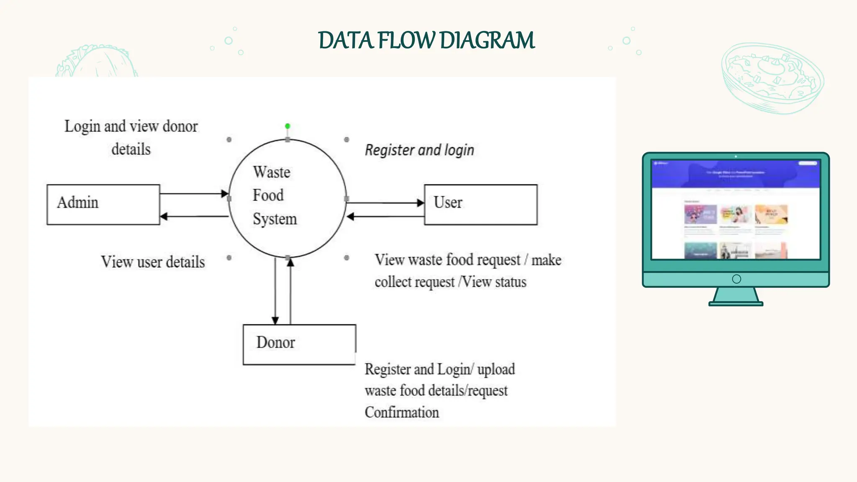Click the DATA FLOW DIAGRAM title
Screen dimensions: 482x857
click(x=426, y=41)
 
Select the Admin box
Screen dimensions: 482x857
click(x=103, y=205)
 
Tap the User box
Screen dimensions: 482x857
click(x=480, y=205)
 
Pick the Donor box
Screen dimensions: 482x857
click(x=299, y=344)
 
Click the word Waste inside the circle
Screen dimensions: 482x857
click(x=271, y=172)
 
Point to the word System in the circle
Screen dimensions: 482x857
click(x=275, y=219)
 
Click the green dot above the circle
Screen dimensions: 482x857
click(x=287, y=126)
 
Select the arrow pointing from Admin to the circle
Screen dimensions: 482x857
click(x=194, y=194)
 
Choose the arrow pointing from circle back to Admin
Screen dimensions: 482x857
click(x=194, y=216)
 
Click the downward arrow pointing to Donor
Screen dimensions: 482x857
click(x=275, y=293)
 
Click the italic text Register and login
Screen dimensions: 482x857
click(x=419, y=150)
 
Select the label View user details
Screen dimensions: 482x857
click(x=153, y=262)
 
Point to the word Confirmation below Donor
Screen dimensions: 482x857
click(x=402, y=412)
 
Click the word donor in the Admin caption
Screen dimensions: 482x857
click(x=180, y=126)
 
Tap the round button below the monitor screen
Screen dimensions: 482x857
click(x=736, y=279)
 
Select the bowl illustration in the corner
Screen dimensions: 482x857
click(x=772, y=77)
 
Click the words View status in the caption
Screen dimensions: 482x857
click(x=495, y=282)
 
